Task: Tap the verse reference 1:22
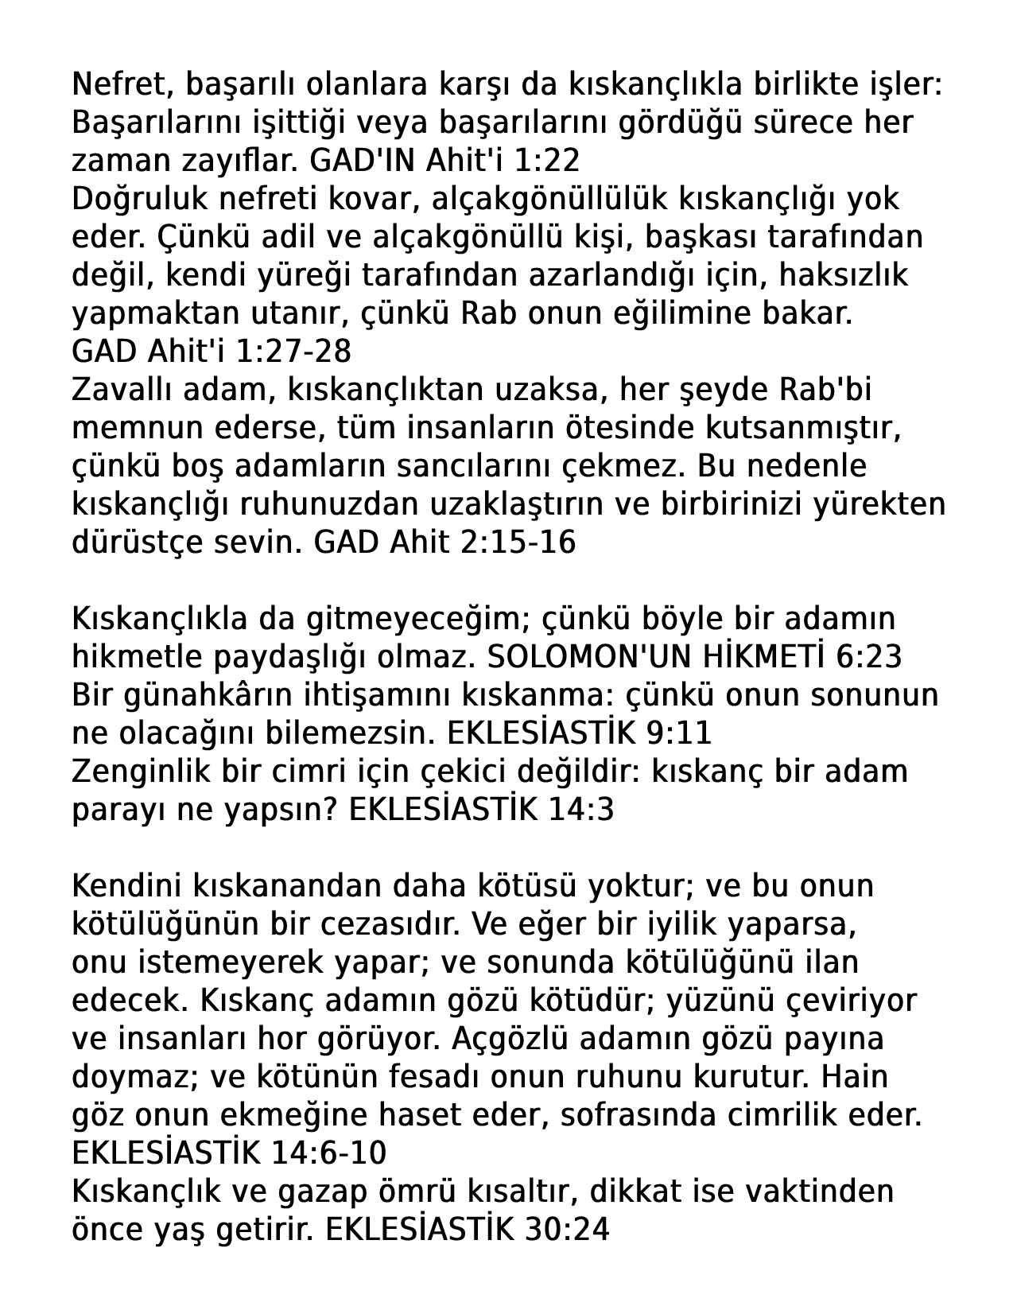pyautogui.click(x=547, y=160)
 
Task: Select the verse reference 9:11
pyautogui.click(x=680, y=733)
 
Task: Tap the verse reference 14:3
pyautogui.click(x=581, y=810)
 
